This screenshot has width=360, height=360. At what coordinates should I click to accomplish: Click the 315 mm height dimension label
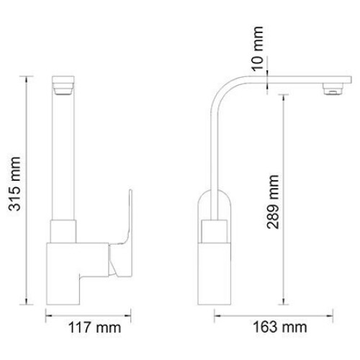(14, 184)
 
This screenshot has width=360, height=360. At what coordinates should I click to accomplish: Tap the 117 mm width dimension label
(94, 328)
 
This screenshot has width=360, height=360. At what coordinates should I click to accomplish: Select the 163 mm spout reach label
(280, 327)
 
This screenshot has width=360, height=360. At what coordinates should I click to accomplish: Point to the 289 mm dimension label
(273, 202)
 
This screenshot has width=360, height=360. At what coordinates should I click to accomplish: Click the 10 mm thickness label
(258, 48)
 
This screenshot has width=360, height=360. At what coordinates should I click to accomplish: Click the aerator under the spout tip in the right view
(333, 89)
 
